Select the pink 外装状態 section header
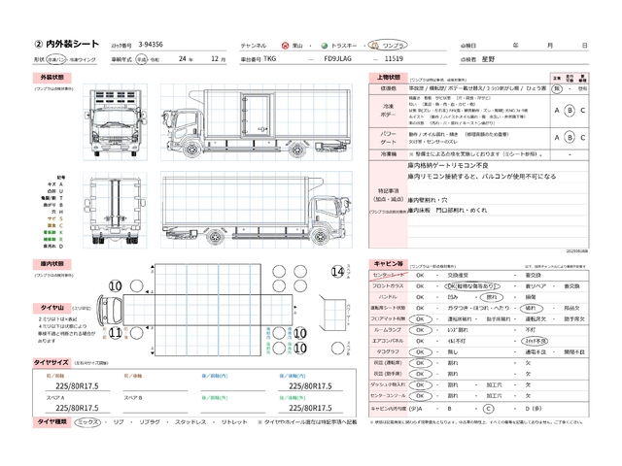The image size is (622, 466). coord(52,76)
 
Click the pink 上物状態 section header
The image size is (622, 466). coord(386,76)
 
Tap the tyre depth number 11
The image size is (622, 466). coord(115,333)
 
